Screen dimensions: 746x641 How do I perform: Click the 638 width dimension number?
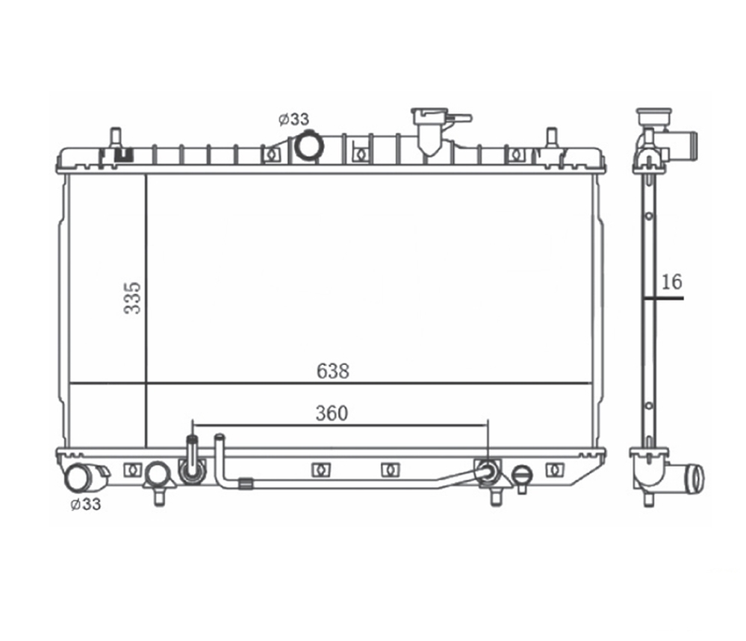point(332,371)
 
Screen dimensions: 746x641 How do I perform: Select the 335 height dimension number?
point(133,298)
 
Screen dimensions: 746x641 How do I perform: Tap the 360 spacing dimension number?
point(332,413)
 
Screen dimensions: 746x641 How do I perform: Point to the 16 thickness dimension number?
point(671,282)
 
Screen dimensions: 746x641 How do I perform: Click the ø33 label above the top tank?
point(293,119)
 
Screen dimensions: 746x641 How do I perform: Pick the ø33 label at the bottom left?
point(86,504)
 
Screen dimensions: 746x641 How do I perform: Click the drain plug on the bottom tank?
point(523,477)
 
